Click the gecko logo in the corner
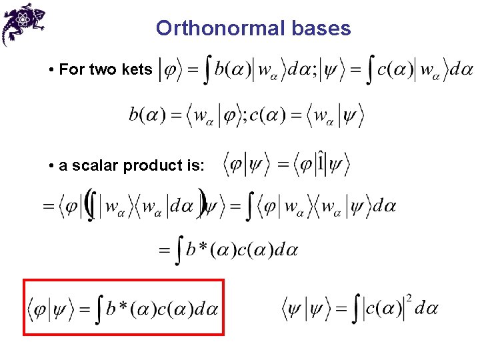coord(23,23)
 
